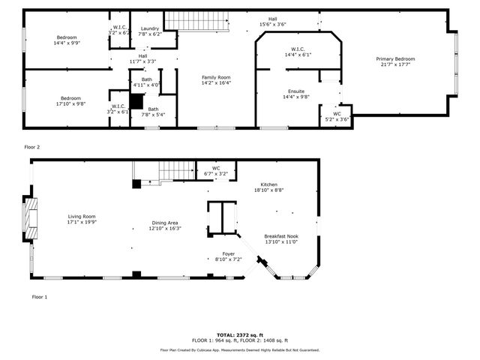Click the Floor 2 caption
[32, 147]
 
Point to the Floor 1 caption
[39, 297]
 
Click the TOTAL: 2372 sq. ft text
[239, 334]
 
